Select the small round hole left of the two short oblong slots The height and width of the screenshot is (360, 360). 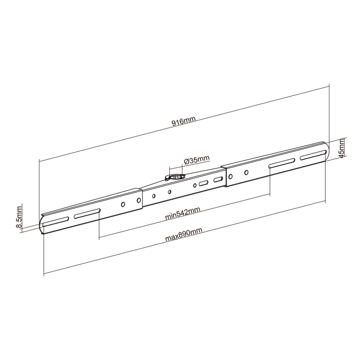click(x=195, y=185)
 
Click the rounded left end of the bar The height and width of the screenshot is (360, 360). click(x=41, y=225)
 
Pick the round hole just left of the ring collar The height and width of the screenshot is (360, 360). click(x=170, y=192)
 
